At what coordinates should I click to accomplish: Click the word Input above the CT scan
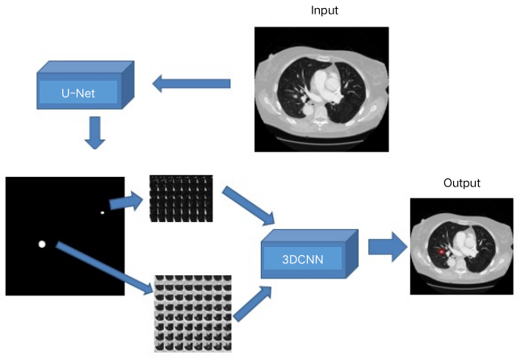[324, 10]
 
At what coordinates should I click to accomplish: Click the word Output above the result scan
[462, 183]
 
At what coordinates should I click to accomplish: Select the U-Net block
[86, 85]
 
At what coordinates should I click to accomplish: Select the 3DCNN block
[309, 253]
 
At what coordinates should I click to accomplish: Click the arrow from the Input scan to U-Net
[191, 83]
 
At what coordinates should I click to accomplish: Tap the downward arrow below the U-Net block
[95, 132]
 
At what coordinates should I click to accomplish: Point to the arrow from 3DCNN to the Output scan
[388, 247]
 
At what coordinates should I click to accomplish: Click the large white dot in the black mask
[42, 244]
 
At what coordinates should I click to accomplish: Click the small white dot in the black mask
[103, 212]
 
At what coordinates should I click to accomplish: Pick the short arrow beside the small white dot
[126, 201]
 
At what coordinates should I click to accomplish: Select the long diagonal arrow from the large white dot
[104, 268]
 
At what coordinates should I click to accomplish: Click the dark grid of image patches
[181, 199]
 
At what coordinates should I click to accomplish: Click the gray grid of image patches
[193, 313]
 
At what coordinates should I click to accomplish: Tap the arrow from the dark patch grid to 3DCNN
[249, 206]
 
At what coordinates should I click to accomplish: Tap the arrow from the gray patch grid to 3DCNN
[253, 303]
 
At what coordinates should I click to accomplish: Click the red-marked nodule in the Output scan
[441, 252]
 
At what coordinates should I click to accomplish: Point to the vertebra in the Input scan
[320, 116]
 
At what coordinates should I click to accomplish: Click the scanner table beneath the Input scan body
[321, 139]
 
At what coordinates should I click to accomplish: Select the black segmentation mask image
[65, 236]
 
